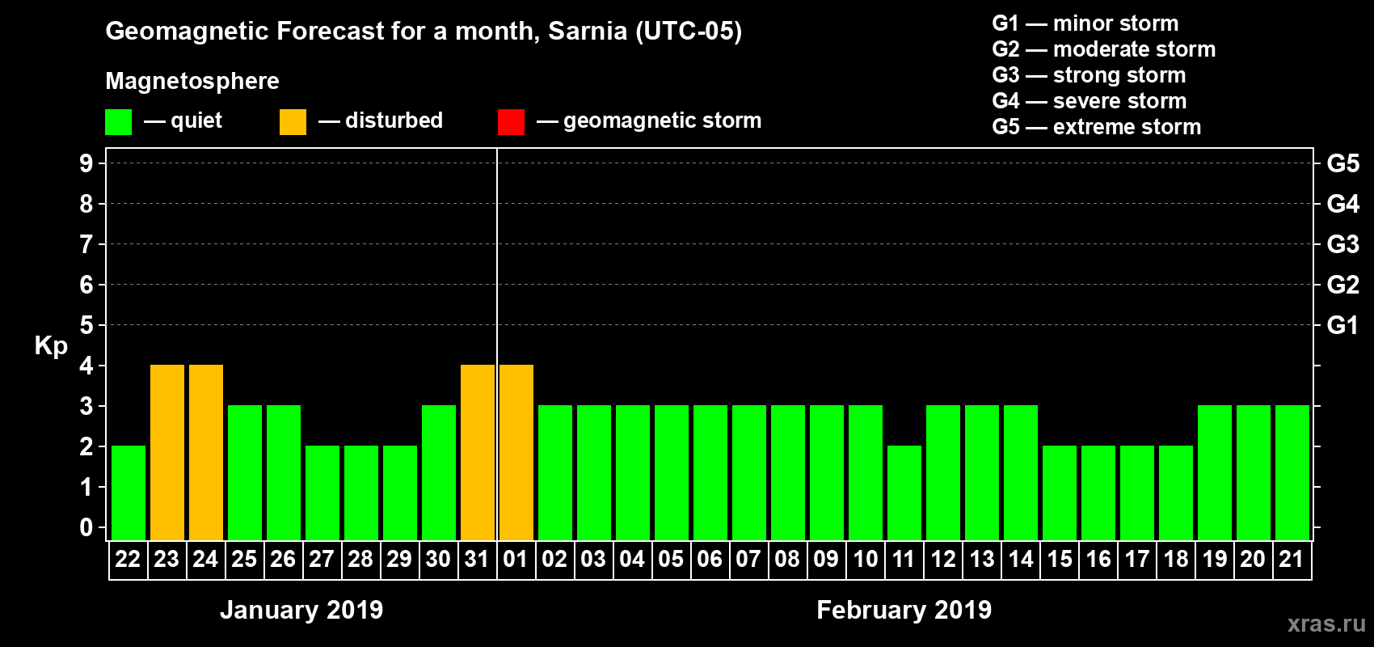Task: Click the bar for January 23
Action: [167, 452]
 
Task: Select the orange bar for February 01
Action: [516, 452]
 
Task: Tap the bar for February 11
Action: [904, 493]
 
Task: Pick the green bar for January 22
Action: [129, 493]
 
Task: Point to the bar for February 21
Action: [1292, 472]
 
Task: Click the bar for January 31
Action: [478, 452]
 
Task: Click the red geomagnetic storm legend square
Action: [511, 122]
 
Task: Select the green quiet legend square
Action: [118, 122]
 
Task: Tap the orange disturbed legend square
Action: [293, 122]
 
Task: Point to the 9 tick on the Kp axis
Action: [86, 163]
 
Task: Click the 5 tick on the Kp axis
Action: [86, 325]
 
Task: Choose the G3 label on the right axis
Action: [1342, 244]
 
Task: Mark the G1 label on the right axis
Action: [1342, 325]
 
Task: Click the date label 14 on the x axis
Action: [1021, 559]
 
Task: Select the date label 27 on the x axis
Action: [322, 559]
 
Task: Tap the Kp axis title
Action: [51, 346]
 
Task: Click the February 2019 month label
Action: [904, 610]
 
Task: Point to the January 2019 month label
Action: [301, 610]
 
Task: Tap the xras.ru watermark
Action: [1326, 623]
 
